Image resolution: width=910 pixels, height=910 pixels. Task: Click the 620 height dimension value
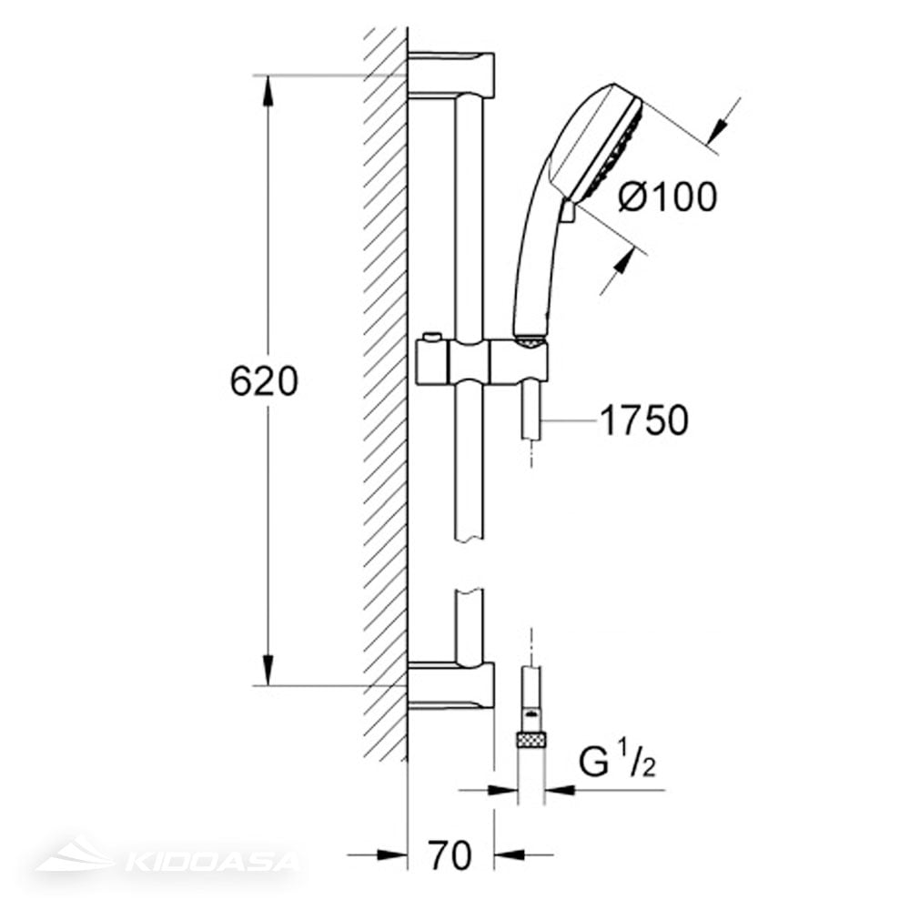coord(264,381)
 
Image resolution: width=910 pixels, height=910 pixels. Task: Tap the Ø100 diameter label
coord(667,197)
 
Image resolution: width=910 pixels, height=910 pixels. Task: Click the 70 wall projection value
coord(450,854)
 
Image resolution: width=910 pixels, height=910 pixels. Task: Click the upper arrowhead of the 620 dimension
coord(268,91)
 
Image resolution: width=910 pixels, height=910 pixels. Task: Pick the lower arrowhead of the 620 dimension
coord(268,670)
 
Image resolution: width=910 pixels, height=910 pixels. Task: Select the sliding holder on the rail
coord(481,363)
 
